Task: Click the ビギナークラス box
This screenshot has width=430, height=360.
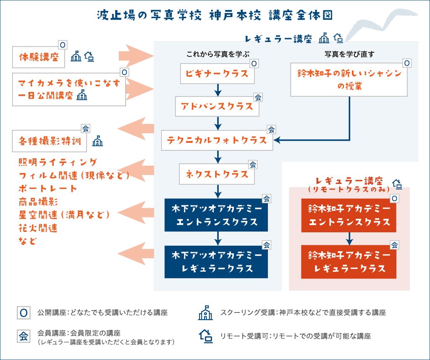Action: pos(217,74)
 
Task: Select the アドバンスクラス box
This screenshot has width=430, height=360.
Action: pos(217,106)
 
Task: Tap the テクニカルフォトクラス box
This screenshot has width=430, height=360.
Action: pos(217,140)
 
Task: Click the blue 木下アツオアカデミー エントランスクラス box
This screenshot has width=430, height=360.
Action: pos(217,215)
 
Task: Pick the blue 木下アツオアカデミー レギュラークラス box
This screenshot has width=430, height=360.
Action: pos(217,262)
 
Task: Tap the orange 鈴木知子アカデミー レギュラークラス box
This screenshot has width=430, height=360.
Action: pos(349,262)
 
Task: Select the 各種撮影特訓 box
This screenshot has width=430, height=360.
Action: pos(50,141)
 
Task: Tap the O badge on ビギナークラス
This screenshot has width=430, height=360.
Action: pos(254,64)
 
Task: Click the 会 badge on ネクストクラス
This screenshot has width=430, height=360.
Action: pos(253,164)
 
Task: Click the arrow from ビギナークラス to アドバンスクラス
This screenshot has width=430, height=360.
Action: pos(217,90)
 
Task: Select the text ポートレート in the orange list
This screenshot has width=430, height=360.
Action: pos(48,188)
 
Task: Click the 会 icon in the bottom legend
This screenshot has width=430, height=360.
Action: pos(24,336)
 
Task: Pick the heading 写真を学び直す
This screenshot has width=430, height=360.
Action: pos(349,54)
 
